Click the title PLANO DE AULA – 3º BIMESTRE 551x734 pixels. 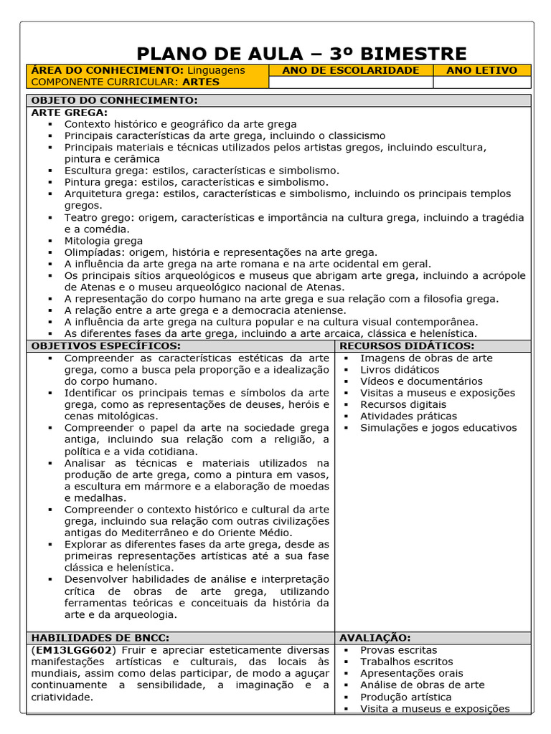(x=301, y=54)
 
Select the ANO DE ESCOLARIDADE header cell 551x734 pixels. (x=351, y=70)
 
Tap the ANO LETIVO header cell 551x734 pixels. (x=481, y=70)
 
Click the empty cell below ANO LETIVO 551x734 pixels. (x=481, y=82)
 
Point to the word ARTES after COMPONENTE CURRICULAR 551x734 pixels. (x=201, y=82)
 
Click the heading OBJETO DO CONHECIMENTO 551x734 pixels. (x=115, y=100)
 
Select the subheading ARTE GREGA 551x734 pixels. (x=70, y=113)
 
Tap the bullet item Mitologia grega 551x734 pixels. (x=103, y=241)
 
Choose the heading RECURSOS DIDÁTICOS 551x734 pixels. (x=407, y=346)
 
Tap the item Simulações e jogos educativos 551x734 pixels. (x=438, y=428)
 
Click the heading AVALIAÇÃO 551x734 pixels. (x=375, y=638)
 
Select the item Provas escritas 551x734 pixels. (x=398, y=650)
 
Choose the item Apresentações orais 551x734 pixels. (x=412, y=673)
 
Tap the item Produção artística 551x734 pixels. (x=406, y=697)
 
